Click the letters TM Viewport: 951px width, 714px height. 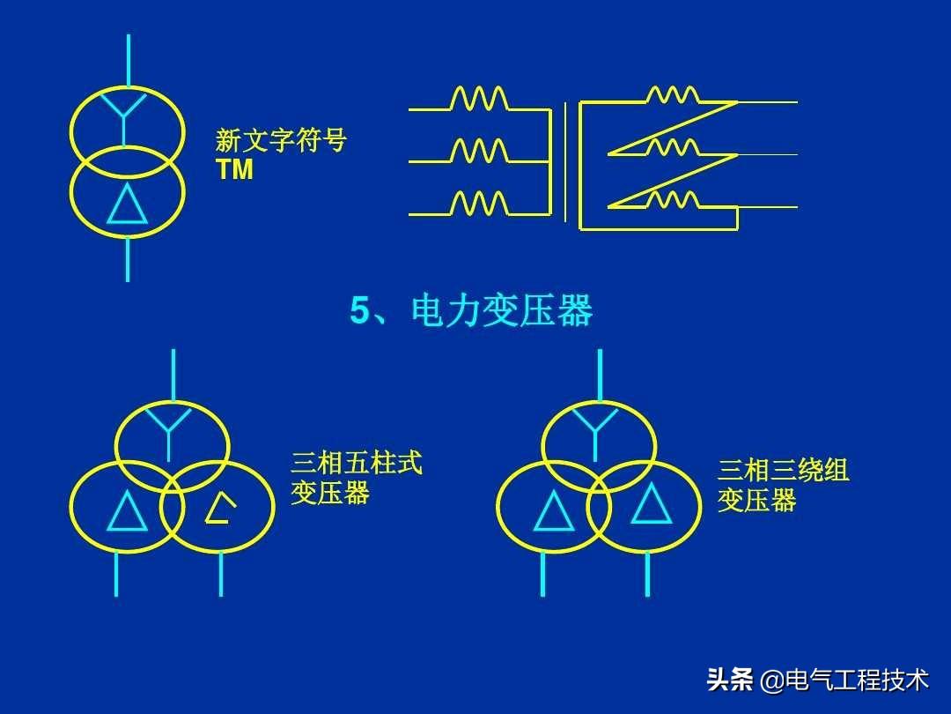pos(234,170)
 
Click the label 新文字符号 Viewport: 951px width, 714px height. pos(281,141)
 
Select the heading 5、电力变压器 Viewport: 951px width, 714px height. pos(471,311)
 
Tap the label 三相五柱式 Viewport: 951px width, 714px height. pos(357,463)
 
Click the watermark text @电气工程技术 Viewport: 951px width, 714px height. pos(844,681)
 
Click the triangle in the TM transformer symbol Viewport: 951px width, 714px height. pos(128,205)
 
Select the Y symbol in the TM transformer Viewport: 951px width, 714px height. pos(128,115)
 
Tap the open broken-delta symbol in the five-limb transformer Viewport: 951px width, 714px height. pos(218,509)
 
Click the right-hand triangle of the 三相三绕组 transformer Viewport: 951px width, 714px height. pos(652,504)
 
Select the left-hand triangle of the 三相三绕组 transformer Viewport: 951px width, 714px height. pos(554,510)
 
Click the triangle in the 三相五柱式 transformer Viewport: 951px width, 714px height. pos(128,511)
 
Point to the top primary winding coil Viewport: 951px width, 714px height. pos(480,98)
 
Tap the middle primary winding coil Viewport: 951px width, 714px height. pos(480,151)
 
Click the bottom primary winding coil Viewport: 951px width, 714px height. pos(480,204)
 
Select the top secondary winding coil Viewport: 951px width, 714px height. pos(673,94)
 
